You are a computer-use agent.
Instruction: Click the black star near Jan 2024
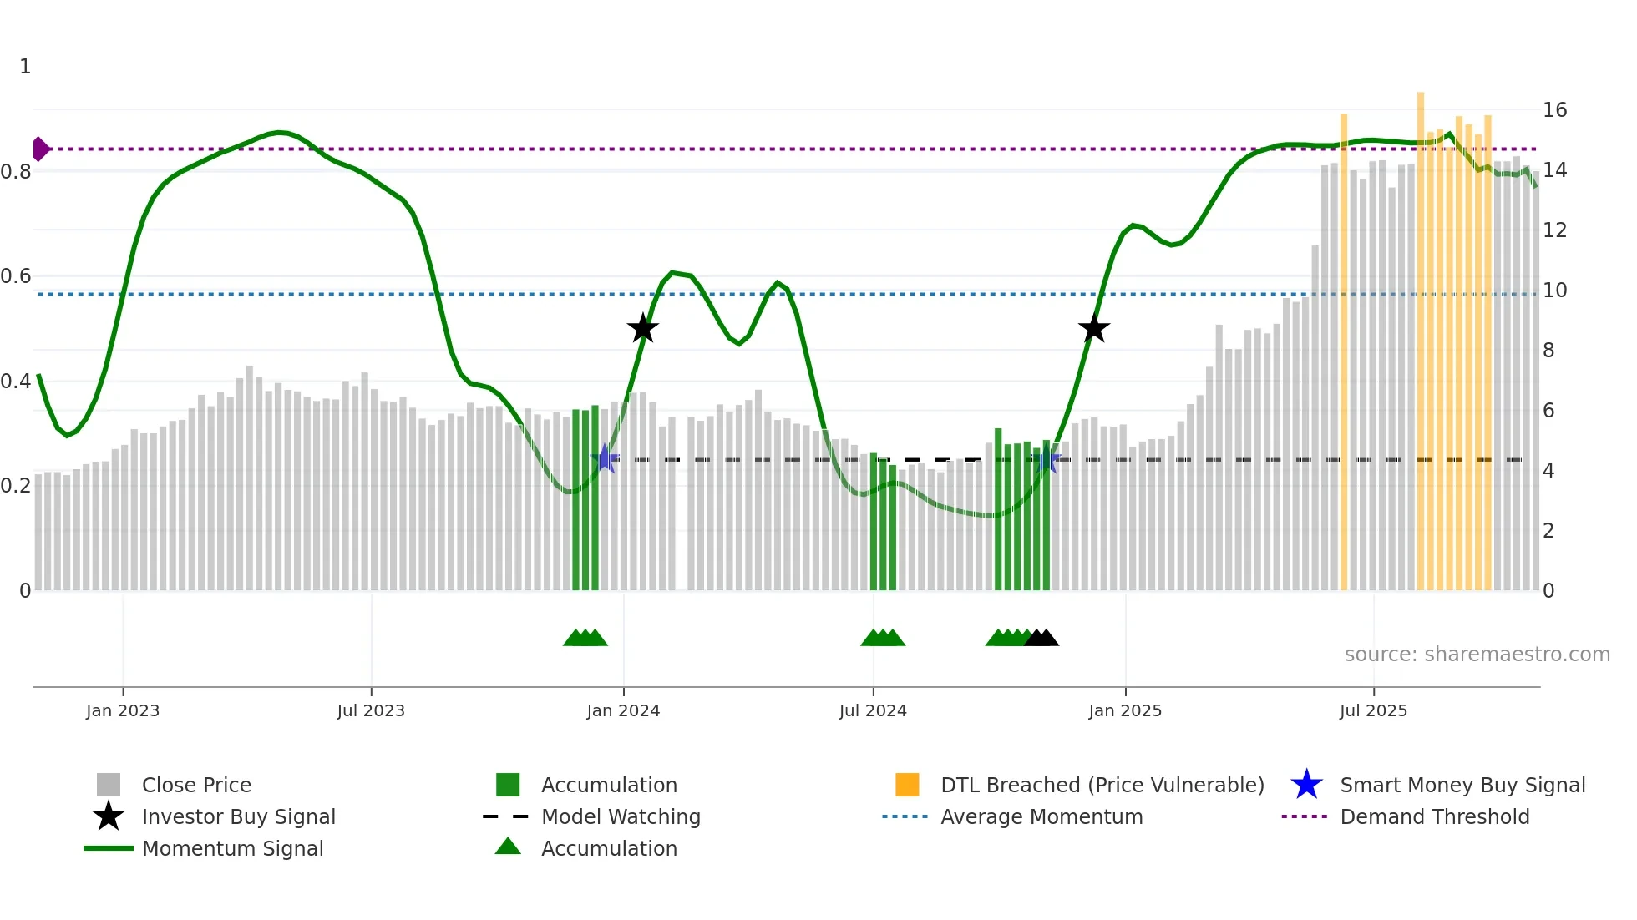point(642,328)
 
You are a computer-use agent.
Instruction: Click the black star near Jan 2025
point(1093,328)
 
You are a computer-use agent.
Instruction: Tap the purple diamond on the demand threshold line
point(40,149)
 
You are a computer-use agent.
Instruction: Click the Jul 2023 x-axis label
point(371,710)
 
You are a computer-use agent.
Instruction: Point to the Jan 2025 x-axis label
point(1124,710)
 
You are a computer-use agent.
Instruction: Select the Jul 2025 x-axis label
point(1373,710)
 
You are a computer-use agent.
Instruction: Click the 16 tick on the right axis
point(1554,109)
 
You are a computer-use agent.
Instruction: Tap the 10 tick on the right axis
point(1554,290)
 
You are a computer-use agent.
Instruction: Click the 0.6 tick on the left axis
point(16,275)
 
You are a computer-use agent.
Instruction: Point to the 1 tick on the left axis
point(25,66)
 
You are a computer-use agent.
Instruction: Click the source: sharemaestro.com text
point(1477,654)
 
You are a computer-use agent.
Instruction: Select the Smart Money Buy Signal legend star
point(1306,785)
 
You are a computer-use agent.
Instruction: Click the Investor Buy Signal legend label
point(238,816)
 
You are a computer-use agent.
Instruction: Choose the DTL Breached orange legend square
point(907,785)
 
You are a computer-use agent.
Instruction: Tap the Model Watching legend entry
point(621,816)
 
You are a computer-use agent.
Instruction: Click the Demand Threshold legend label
point(1434,816)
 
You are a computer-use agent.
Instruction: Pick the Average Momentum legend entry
point(1041,816)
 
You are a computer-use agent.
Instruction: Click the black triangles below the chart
point(1041,638)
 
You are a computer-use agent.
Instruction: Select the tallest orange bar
point(1420,334)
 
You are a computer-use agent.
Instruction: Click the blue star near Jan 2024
point(605,459)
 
